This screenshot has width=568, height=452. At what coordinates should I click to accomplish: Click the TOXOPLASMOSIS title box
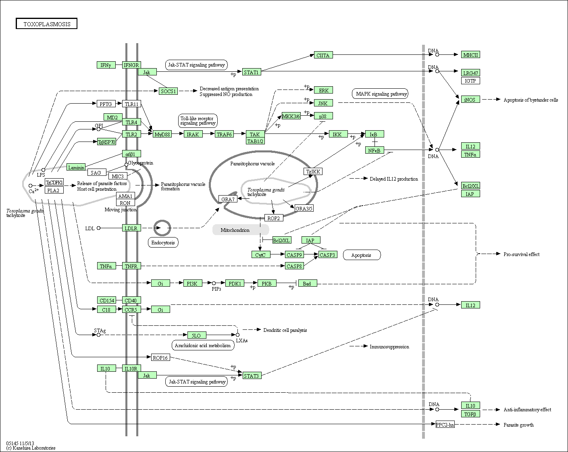[x=47, y=24]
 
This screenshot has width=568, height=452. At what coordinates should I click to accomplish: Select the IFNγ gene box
[x=106, y=65]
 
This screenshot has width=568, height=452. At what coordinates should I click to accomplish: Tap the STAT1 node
[x=252, y=72]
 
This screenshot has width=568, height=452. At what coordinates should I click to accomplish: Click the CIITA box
[x=323, y=55]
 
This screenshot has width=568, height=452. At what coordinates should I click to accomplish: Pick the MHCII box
[x=470, y=55]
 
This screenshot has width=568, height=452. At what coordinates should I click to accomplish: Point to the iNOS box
[x=470, y=99]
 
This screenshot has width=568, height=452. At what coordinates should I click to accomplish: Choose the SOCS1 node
[x=168, y=91]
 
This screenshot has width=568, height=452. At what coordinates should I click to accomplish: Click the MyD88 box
[x=162, y=134]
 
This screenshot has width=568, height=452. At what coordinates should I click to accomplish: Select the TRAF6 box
[x=224, y=134]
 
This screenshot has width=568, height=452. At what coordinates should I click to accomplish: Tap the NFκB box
[x=375, y=150]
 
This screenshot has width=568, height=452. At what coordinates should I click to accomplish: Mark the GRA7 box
[x=228, y=199]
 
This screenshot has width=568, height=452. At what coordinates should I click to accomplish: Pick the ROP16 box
[x=160, y=357]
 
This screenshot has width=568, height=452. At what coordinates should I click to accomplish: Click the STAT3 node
[x=252, y=376]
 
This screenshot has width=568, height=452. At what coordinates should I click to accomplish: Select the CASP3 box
[x=327, y=254]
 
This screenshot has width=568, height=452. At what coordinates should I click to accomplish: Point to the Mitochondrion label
[x=235, y=230]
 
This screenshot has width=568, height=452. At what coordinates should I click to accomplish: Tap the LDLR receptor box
[x=131, y=228]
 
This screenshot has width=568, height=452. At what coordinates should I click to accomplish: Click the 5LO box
[x=196, y=335]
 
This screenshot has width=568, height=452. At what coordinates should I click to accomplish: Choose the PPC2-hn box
[x=445, y=425]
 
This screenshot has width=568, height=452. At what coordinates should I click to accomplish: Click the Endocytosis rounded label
[x=163, y=242]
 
